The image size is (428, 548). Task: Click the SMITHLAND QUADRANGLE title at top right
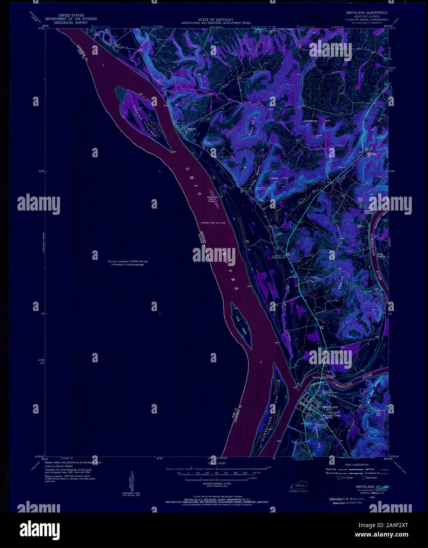pos(367,13)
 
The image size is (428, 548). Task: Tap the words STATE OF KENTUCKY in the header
pos(216,20)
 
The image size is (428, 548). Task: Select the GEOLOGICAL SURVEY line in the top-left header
pos(71,22)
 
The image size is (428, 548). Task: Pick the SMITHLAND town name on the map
pos(330,406)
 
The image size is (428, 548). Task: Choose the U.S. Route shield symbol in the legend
pos(333,477)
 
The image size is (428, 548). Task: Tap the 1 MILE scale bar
pos(213,468)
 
